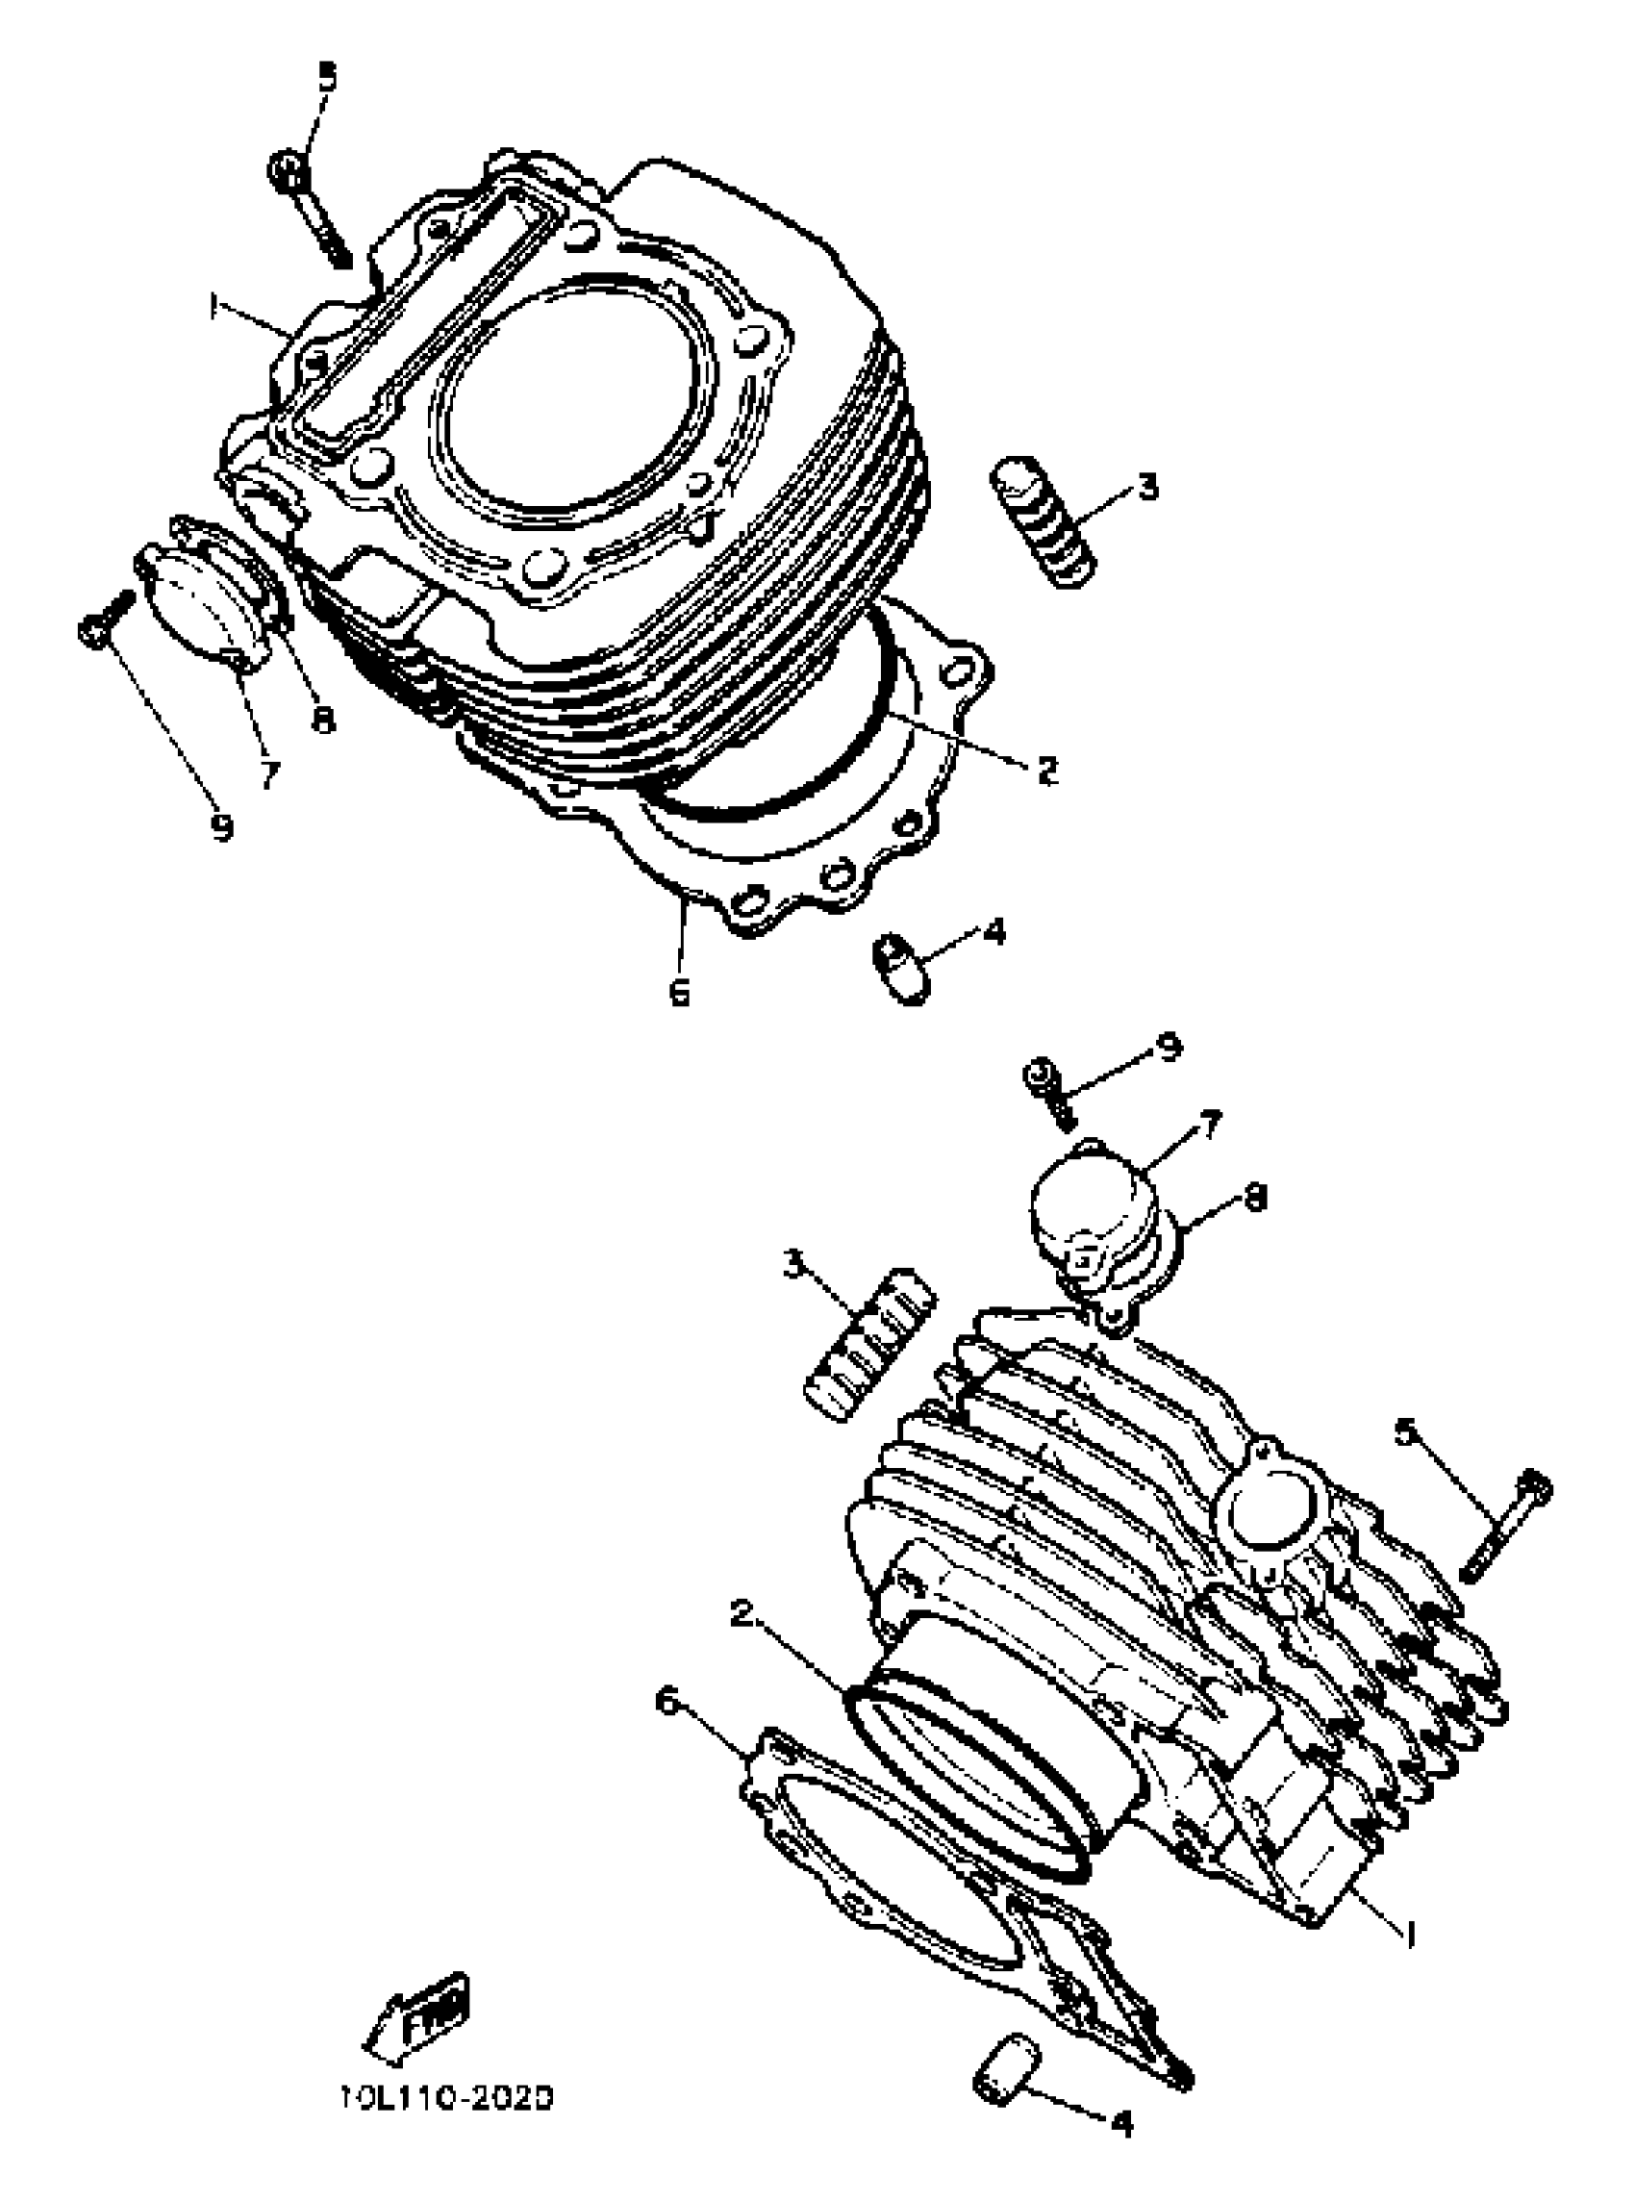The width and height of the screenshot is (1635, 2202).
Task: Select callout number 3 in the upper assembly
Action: (x=1146, y=487)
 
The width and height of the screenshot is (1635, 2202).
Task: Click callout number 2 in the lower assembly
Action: (x=742, y=1612)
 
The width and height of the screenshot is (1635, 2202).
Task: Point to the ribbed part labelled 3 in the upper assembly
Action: (x=1043, y=521)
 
